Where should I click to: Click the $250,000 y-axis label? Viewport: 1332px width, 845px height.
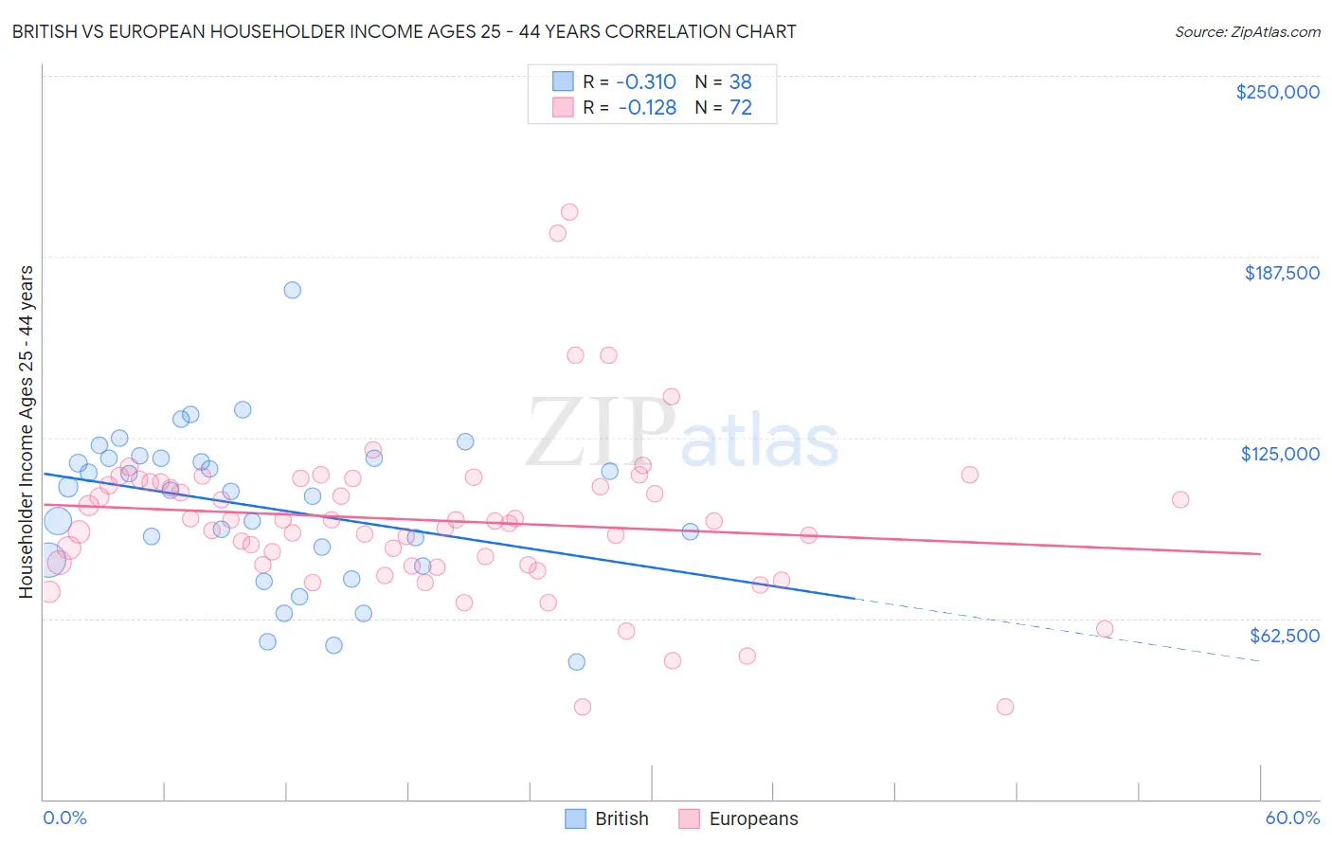pyautogui.click(x=1277, y=92)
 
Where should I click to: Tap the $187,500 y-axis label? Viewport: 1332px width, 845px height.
pyautogui.click(x=1281, y=273)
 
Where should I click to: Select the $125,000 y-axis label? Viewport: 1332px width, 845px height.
pyautogui.click(x=1280, y=454)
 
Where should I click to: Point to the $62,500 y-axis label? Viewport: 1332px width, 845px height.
pyautogui.click(x=1284, y=636)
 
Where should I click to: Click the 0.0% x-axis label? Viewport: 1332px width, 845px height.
pyautogui.click(x=64, y=818)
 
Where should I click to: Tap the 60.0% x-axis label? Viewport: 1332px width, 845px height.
pyautogui.click(x=1292, y=818)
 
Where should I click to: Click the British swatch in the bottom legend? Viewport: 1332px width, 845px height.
pyautogui.click(x=575, y=818)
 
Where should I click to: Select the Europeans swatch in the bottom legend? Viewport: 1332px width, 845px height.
pyautogui.click(x=689, y=818)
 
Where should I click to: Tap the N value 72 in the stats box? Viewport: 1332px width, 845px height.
pyautogui.click(x=740, y=108)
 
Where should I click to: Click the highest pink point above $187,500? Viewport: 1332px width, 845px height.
pyautogui.click(x=569, y=212)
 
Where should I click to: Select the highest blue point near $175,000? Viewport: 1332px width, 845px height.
pyautogui.click(x=293, y=290)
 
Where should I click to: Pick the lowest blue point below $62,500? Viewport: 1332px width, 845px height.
pyautogui.click(x=577, y=662)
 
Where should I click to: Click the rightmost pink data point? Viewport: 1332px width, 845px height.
pyautogui.click(x=1180, y=499)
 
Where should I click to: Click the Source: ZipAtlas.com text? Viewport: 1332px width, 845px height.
pyautogui.click(x=1247, y=32)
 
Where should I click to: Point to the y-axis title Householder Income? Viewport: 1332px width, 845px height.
pyautogui.click(x=27, y=432)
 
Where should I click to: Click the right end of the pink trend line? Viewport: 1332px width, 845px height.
pyautogui.click(x=1260, y=553)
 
